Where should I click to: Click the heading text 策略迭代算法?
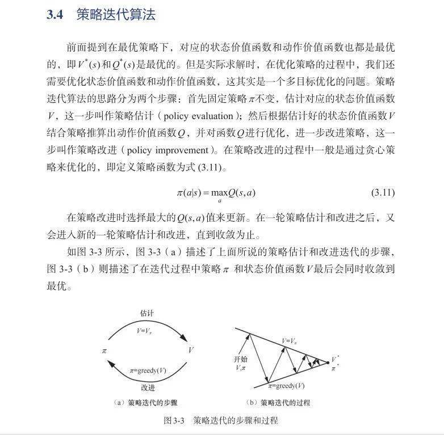point(116,15)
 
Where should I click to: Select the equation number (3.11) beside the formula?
point(383,193)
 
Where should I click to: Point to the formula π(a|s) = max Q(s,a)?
point(216,193)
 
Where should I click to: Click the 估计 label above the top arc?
point(147,313)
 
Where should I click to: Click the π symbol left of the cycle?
point(104,350)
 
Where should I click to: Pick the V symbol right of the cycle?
point(191,350)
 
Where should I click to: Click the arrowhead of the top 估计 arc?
point(185,339)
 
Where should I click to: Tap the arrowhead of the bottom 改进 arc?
point(110,363)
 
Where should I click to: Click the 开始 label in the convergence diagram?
point(241,360)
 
